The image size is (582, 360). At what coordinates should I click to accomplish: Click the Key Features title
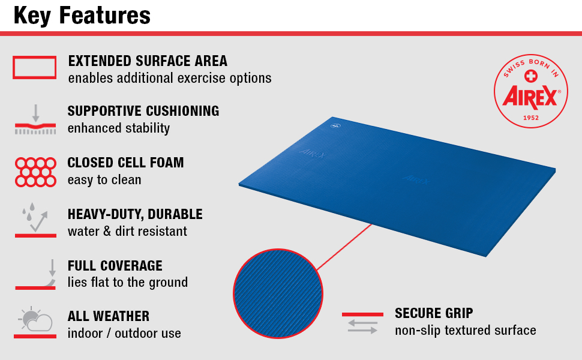(82, 16)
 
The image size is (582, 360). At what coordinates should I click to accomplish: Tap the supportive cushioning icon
(35, 119)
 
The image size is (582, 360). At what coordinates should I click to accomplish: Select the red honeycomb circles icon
(35, 172)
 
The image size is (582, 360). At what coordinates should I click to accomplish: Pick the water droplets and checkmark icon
(35, 220)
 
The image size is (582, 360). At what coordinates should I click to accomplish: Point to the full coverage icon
(35, 275)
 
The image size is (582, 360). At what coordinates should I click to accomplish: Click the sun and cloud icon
(35, 323)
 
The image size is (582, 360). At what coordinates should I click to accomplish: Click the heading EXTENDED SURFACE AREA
(148, 61)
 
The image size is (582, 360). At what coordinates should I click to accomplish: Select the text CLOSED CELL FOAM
(125, 163)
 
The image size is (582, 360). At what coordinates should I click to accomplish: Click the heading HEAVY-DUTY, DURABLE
(135, 214)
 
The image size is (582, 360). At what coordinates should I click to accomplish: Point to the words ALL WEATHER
(109, 316)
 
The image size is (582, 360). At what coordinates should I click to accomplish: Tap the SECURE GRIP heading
(434, 313)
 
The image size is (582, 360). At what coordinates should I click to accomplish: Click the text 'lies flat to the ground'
(128, 283)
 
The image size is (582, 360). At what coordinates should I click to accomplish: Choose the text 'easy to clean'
(104, 180)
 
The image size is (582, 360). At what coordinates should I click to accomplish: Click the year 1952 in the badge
(531, 118)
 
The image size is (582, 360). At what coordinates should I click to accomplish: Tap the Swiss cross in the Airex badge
(531, 76)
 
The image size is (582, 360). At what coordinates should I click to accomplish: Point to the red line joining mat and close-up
(344, 247)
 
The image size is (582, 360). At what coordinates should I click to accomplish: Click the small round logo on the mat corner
(335, 126)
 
